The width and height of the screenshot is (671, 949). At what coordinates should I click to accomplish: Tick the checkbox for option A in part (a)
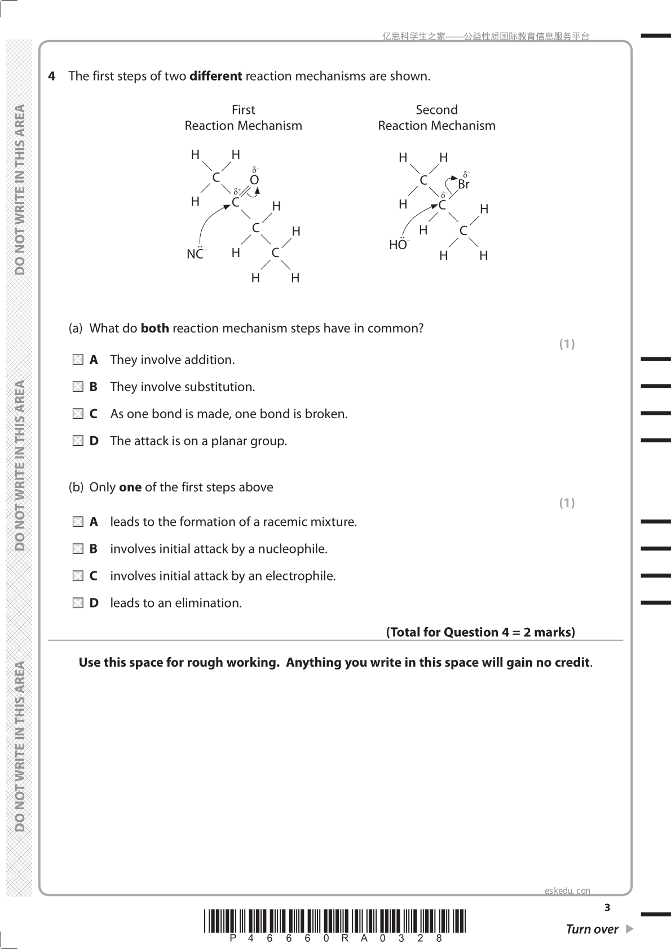coord(78,360)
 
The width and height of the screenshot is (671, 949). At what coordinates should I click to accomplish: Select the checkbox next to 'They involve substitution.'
coord(78,387)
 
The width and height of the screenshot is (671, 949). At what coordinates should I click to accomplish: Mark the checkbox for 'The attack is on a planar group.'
coord(78,441)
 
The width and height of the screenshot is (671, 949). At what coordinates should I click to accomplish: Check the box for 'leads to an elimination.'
coord(78,603)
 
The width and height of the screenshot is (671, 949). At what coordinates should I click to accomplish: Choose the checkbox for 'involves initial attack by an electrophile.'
coord(78,576)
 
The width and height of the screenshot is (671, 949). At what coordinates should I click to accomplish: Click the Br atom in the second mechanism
coord(463,184)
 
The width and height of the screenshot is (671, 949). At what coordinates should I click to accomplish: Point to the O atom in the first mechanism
coord(254,180)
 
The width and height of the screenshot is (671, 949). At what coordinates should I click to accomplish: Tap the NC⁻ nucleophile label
coord(196,254)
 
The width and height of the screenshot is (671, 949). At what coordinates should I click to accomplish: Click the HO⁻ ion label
coord(399,245)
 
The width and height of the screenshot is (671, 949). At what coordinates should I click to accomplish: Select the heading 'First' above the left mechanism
coord(243,110)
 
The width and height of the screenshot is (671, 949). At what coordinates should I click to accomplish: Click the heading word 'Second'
coord(436,110)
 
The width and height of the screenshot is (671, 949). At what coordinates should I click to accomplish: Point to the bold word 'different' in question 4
coord(216,76)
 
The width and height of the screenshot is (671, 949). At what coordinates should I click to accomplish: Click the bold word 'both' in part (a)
coord(154,328)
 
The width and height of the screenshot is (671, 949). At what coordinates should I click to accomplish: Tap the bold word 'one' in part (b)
coord(130,487)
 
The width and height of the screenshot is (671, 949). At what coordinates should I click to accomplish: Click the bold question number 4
coord(52,76)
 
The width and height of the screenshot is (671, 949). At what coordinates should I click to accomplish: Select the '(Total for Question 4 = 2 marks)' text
coord(480,632)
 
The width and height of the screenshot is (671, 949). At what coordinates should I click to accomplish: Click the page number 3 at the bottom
coord(607,907)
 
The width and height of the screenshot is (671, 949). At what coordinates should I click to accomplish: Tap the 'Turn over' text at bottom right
coord(592,929)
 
